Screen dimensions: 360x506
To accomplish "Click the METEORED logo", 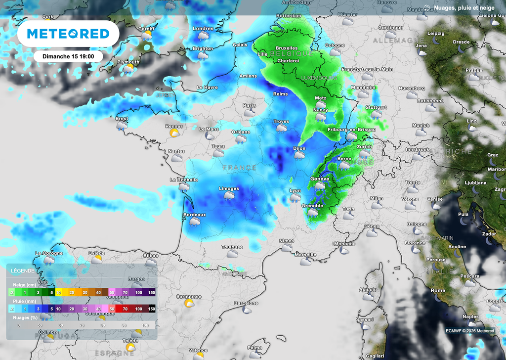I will (x=68, y=34).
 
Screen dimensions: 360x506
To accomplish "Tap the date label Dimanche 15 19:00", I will (x=68, y=56).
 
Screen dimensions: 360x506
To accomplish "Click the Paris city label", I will (x=250, y=105).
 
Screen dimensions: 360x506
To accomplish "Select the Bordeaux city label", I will (x=194, y=215).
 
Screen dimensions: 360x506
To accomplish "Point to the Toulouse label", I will (x=232, y=247).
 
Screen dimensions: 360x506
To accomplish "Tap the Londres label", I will (x=203, y=29).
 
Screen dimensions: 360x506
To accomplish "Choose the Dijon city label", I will (x=299, y=148).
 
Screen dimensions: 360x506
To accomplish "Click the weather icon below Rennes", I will (x=174, y=133).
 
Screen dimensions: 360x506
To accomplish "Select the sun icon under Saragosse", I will (x=189, y=303).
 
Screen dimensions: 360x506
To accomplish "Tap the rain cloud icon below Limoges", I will (x=229, y=196).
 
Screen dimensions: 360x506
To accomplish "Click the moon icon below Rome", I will (x=438, y=297).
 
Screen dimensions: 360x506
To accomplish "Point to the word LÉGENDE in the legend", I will (x=22, y=271).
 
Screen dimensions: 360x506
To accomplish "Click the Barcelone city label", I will (x=246, y=303).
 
